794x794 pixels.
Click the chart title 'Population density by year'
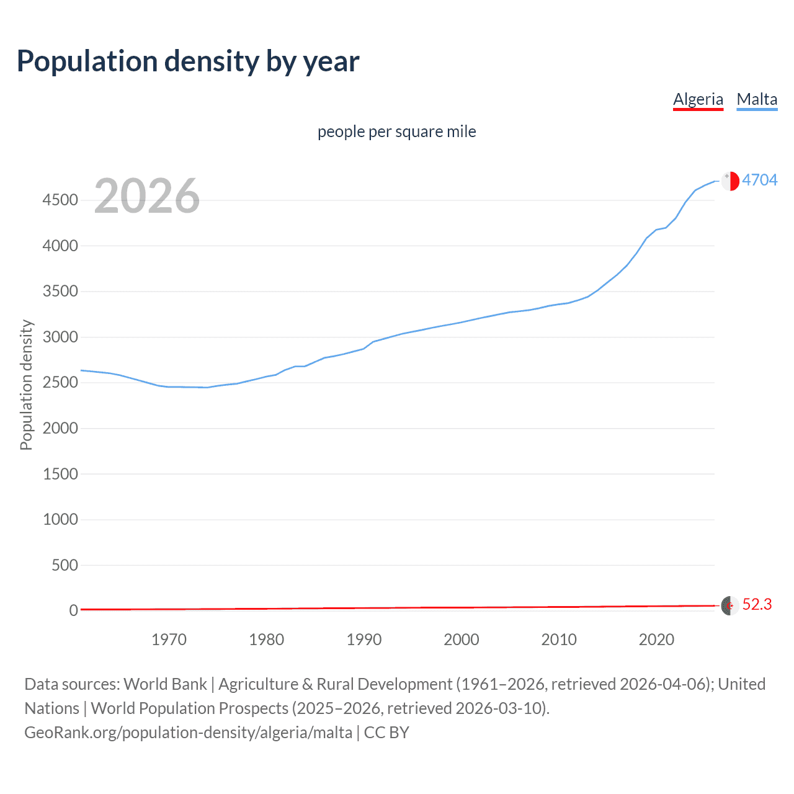point(188,61)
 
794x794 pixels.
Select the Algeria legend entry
point(698,99)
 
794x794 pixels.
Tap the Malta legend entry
point(757,99)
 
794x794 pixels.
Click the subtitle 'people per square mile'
point(397,132)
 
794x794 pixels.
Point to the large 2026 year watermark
point(147,196)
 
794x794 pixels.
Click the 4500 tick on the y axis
point(60,200)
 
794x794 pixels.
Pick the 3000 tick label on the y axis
point(60,337)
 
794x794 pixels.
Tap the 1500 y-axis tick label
point(60,474)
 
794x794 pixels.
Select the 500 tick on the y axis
point(65,565)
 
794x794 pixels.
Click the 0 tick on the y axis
point(74,610)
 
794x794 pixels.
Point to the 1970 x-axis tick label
point(169,640)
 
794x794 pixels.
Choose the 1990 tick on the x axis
point(364,640)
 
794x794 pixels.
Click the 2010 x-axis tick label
point(559,640)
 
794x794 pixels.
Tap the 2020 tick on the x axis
point(656,640)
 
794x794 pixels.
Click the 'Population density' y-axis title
point(26,385)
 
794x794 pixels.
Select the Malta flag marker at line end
point(730,181)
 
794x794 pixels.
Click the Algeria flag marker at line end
point(729,605)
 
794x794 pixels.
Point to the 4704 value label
point(759,180)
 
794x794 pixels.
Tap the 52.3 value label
point(757,604)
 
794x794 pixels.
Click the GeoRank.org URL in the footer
point(189,733)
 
